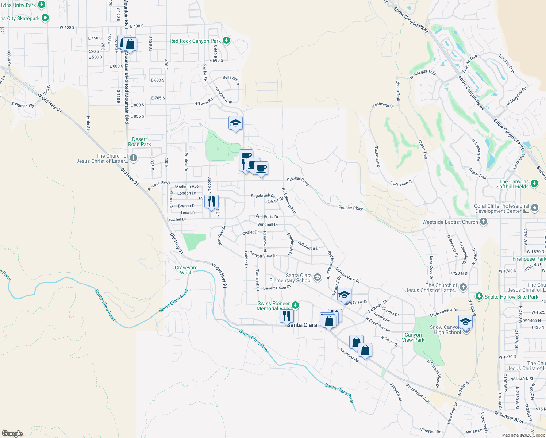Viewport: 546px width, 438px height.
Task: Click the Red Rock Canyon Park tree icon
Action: (226, 40)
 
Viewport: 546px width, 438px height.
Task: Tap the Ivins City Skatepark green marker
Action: (45, 18)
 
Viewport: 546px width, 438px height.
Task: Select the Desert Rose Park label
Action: (139, 142)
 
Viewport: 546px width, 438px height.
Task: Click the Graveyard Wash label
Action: (186, 270)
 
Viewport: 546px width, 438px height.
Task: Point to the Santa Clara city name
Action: (302, 325)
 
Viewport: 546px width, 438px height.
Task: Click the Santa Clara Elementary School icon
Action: (318, 277)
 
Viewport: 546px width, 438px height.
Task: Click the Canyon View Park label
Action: (413, 337)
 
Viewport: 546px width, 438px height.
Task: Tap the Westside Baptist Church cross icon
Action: (483, 222)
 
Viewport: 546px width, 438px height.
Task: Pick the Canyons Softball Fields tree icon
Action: (534, 183)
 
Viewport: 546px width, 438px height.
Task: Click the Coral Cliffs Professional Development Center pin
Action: (535, 208)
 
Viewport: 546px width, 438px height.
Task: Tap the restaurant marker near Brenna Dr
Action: (211, 201)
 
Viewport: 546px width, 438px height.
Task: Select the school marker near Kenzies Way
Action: (235, 123)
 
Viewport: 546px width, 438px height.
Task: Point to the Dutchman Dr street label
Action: (309, 246)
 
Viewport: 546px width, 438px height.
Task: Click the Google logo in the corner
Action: (12, 433)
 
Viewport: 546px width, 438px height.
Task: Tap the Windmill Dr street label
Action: (268, 224)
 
